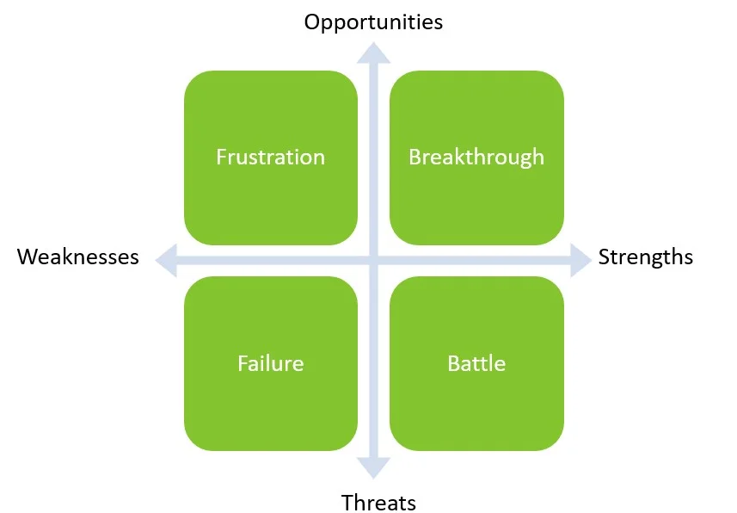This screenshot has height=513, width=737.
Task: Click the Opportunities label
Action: (373, 22)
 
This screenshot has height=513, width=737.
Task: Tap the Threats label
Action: (378, 503)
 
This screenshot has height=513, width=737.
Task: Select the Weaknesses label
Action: (78, 257)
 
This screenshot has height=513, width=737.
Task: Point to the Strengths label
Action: (645, 258)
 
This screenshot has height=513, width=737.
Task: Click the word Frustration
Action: (270, 157)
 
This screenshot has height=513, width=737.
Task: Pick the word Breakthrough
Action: (476, 158)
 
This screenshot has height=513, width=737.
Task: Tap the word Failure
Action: (270, 363)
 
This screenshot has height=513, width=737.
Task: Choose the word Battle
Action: (476, 363)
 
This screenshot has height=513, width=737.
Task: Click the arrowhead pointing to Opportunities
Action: (374, 53)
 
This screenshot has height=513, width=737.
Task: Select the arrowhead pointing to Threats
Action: (374, 468)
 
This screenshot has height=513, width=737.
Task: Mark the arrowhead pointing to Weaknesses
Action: (166, 260)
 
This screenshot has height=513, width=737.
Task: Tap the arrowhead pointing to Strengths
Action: (581, 260)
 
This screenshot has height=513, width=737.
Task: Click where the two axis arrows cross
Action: (374, 260)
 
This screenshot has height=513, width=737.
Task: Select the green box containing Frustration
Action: (271, 158)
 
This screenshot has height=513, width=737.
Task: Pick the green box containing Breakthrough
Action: (476, 158)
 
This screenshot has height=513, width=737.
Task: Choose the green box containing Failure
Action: (271, 363)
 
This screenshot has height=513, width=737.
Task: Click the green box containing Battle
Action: (476, 363)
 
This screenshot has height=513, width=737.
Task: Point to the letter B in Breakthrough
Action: (415, 157)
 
